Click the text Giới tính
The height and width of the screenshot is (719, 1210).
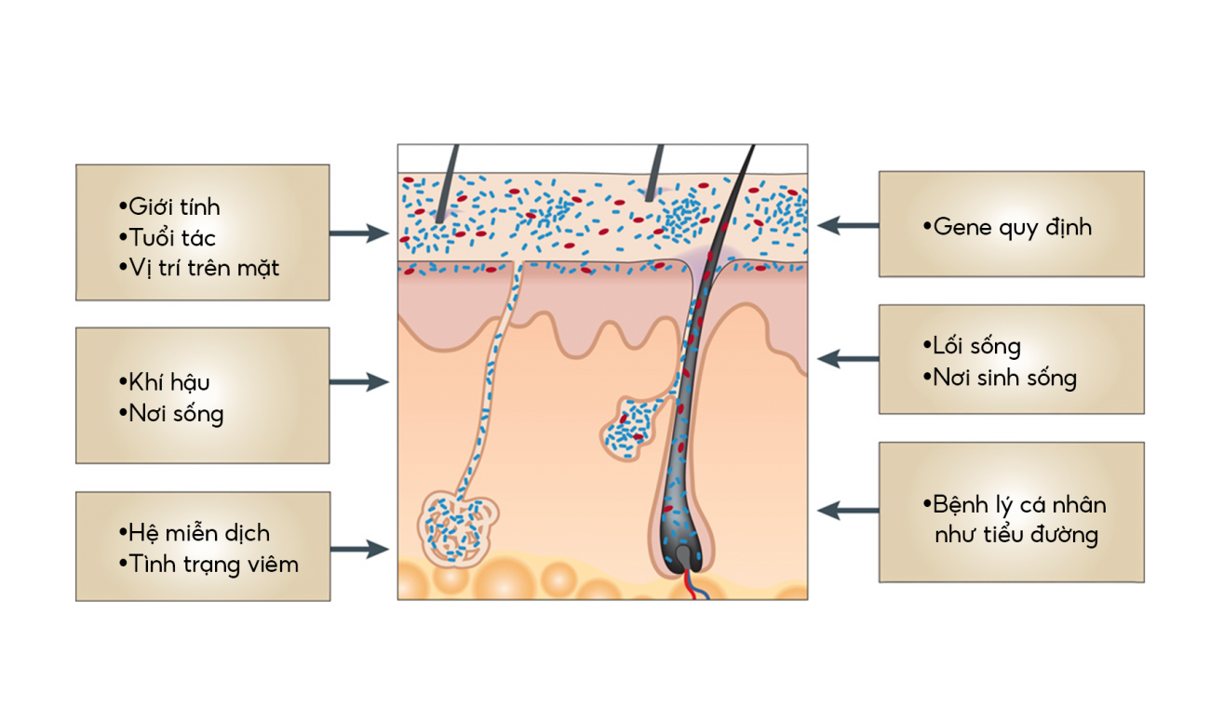point(174,206)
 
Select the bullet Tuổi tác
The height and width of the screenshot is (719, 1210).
point(172,237)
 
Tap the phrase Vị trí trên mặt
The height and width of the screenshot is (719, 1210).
point(204,268)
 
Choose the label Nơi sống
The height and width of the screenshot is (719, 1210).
point(176,413)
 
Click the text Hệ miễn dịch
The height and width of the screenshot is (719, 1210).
point(199,533)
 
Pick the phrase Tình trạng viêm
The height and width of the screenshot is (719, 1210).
point(213,564)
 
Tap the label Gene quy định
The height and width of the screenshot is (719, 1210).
point(1012,227)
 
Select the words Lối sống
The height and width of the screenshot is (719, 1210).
point(976,346)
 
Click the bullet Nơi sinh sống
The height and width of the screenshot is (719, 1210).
point(1004,378)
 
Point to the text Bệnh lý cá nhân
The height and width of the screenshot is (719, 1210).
point(1019,505)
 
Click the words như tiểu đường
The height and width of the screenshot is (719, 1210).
point(1016,535)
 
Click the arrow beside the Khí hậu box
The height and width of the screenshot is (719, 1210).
point(358,381)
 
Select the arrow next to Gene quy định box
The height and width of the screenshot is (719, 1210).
point(848,225)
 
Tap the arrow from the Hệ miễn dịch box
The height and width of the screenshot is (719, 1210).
point(358,550)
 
